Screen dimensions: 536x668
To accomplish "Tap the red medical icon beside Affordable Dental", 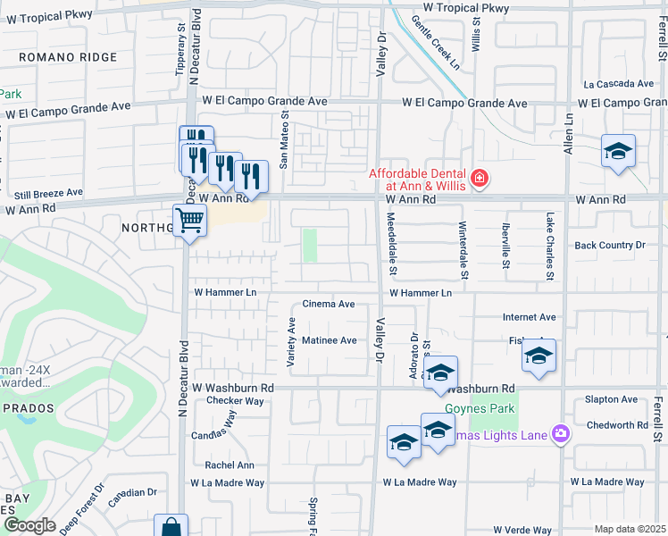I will pos(480,179).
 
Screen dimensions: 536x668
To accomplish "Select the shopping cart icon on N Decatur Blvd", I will pos(189,220).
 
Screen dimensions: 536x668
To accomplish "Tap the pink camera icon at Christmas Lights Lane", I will pos(561,434).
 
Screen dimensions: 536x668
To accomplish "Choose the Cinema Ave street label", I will pos(330,304).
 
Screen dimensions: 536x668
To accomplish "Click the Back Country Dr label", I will pos(610,245).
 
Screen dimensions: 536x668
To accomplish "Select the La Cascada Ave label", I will pos(618,84).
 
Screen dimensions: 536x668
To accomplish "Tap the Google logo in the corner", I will pos(29,525).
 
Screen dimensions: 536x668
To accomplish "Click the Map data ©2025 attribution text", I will pos(629,529).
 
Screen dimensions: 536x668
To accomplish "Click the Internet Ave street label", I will pos(529,317).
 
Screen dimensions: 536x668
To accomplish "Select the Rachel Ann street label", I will pos(230,465).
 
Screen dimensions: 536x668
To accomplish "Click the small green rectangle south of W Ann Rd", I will pos(310,245).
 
